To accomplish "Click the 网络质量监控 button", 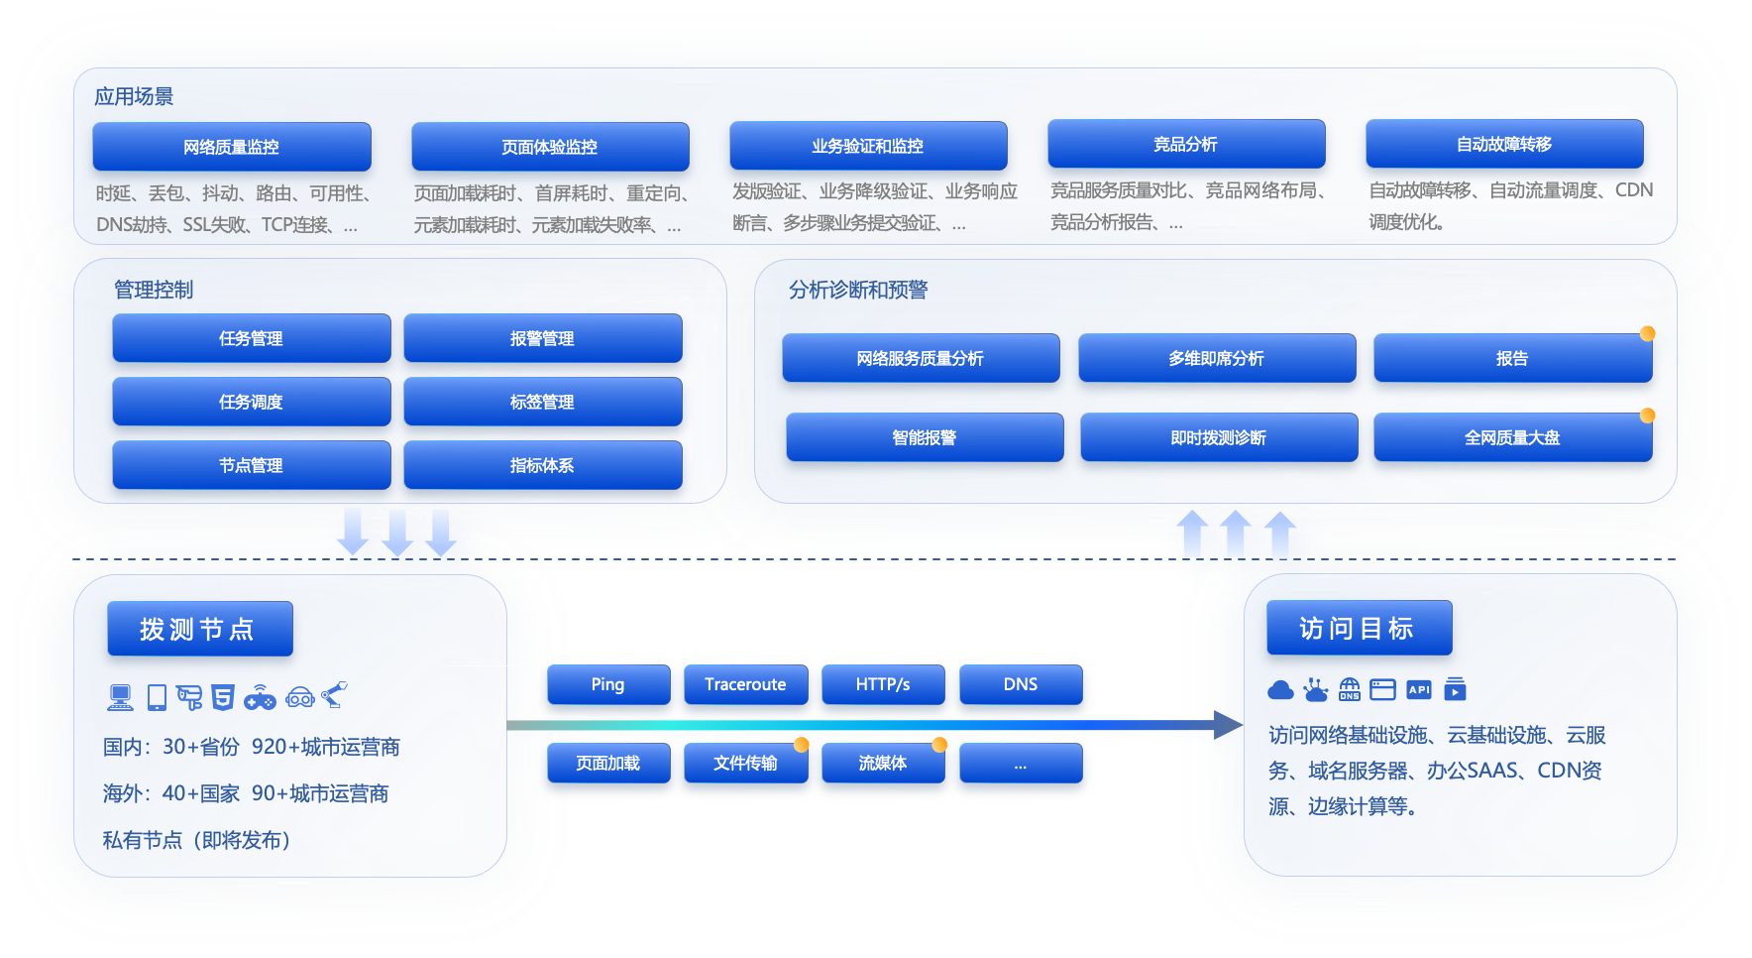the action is pos(232,147).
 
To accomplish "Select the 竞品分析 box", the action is pos(1186,145).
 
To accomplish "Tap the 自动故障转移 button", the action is pos(1504,145).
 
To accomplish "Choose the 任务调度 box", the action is pos(252,402).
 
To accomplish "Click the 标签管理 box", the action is pos(543,402).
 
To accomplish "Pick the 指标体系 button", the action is pos(543,465).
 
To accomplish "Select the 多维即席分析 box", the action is pos(1217,358).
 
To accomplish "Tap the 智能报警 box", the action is pos(925,437).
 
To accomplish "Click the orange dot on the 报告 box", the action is pos(1647,333).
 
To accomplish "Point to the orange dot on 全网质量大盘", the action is pos(1647,416).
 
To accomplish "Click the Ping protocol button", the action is pos(608,684).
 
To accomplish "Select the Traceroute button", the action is pos(745,684).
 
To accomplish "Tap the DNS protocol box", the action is pos(1021,684).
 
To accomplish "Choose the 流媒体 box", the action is pos(883,763).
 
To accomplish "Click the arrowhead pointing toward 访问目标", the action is pos(1229,725).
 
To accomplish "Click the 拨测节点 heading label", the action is pos(200,629).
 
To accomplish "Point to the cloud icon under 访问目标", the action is pos(1280,690).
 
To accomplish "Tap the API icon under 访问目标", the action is pos(1419,689).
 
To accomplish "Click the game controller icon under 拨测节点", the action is pos(260,698).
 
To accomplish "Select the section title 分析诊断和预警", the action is pos(858,290).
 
